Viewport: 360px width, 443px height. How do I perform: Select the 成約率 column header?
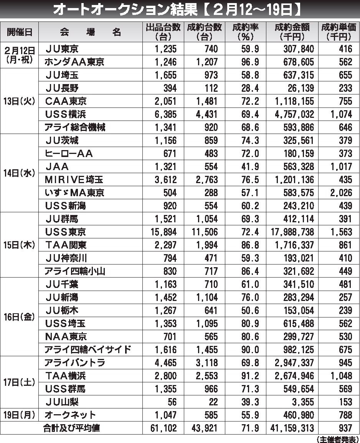pyautogui.click(x=246, y=32)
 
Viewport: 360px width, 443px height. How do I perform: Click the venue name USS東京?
pyautogui.click(x=66, y=232)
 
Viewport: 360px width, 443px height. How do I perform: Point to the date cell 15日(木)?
pyautogui.click(x=19, y=245)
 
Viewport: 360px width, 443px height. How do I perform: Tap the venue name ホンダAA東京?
pyautogui.click(x=74, y=62)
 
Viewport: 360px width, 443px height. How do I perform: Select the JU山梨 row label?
pyautogui.click(x=63, y=402)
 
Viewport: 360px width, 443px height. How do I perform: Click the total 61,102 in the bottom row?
pyautogui.click(x=164, y=428)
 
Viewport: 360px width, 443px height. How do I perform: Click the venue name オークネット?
pyautogui.click(x=70, y=415)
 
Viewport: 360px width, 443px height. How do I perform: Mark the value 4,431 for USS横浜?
pyautogui.click(x=205, y=114)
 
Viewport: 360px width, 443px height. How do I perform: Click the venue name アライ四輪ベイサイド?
pyautogui.click(x=88, y=349)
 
